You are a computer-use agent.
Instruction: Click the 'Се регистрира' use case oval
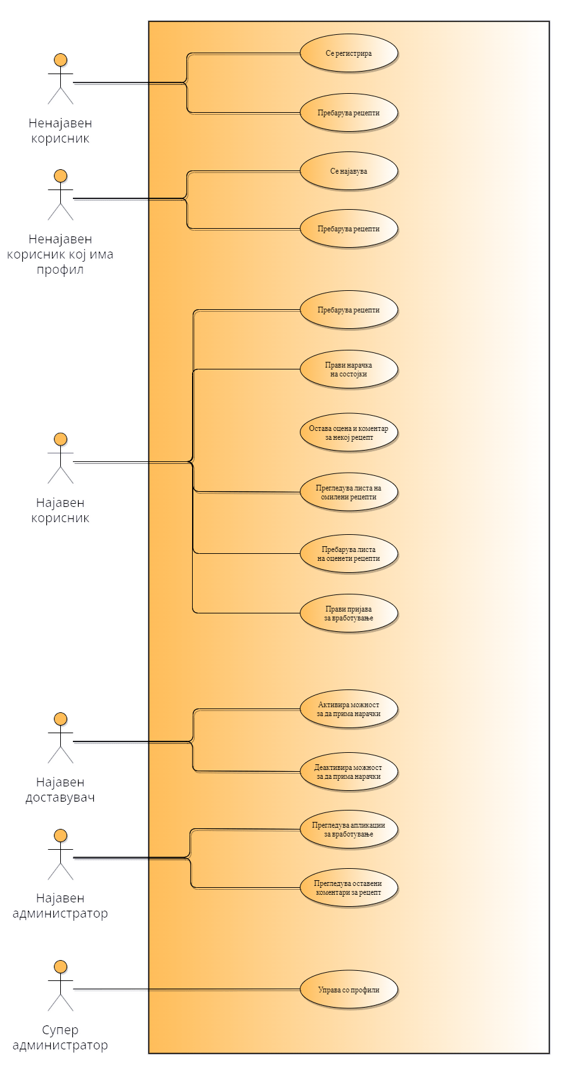point(349,53)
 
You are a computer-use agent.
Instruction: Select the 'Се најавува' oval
point(349,171)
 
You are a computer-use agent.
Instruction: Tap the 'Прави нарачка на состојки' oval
point(349,369)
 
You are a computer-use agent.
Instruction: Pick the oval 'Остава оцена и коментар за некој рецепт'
point(349,433)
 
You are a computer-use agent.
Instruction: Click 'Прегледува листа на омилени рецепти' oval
point(349,492)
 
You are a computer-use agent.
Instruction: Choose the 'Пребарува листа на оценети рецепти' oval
point(349,554)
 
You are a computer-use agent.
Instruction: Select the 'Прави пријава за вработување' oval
point(349,613)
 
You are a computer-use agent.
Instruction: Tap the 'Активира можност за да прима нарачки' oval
point(349,709)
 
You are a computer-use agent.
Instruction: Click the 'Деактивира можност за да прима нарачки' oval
point(349,771)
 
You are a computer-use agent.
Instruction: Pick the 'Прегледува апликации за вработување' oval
point(349,830)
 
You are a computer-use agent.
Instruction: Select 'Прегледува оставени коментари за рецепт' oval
point(349,887)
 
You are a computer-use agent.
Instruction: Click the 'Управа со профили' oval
point(349,989)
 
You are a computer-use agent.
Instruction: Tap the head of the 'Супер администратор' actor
point(61,966)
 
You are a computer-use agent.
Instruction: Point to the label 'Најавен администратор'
point(61,906)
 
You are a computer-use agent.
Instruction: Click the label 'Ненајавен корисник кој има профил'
point(61,255)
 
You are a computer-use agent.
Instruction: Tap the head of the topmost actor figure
point(61,60)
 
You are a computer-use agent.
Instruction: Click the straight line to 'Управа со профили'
point(222,989)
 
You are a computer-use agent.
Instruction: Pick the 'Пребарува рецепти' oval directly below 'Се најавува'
point(349,229)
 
